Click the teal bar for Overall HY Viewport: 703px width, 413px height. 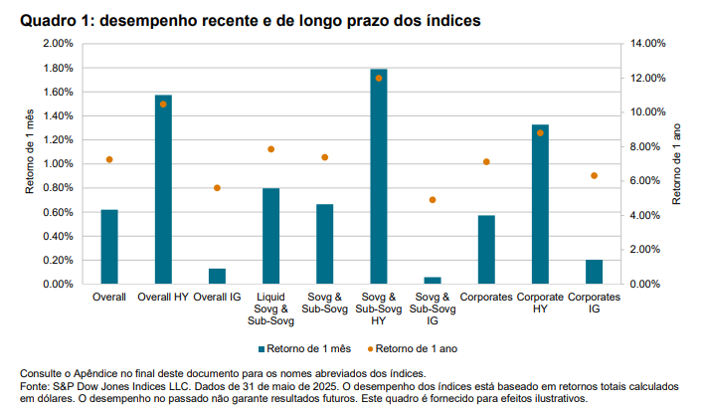coord(163,189)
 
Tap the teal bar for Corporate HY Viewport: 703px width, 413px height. coord(540,204)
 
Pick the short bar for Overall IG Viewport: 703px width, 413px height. coord(217,276)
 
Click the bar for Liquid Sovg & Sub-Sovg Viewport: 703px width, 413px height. coord(270,236)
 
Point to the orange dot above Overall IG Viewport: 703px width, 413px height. coord(217,188)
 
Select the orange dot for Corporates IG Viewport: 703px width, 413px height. coord(594,175)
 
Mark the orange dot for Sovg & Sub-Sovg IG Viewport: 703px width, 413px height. coord(433,200)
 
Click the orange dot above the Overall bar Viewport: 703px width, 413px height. coord(109,159)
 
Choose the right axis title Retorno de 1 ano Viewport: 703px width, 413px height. coord(678,163)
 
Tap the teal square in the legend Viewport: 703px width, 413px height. coord(263,349)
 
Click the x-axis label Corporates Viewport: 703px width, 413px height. coord(486,298)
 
